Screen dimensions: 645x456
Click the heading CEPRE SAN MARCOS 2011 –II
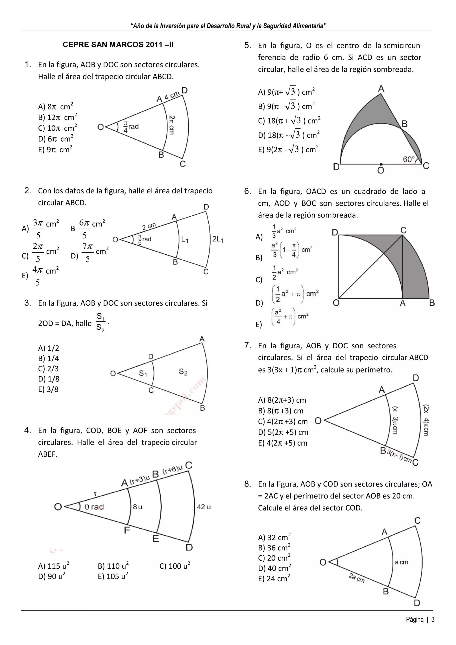[x=118, y=45]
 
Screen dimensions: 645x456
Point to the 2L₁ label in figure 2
[x=218, y=239]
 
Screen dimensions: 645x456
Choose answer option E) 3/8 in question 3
[x=48, y=389]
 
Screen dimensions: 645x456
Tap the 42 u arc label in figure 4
[x=204, y=507]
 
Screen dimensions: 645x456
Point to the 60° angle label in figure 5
[x=409, y=159]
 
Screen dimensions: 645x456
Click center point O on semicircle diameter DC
[x=381, y=164]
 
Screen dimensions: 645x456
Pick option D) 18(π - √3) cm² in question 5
[x=289, y=135]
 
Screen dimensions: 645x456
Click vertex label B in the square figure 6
[x=432, y=303]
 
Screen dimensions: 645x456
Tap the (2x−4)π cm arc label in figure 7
[x=426, y=420]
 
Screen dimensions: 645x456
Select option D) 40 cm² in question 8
[x=274, y=568]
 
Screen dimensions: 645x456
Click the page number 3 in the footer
[x=433, y=619]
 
